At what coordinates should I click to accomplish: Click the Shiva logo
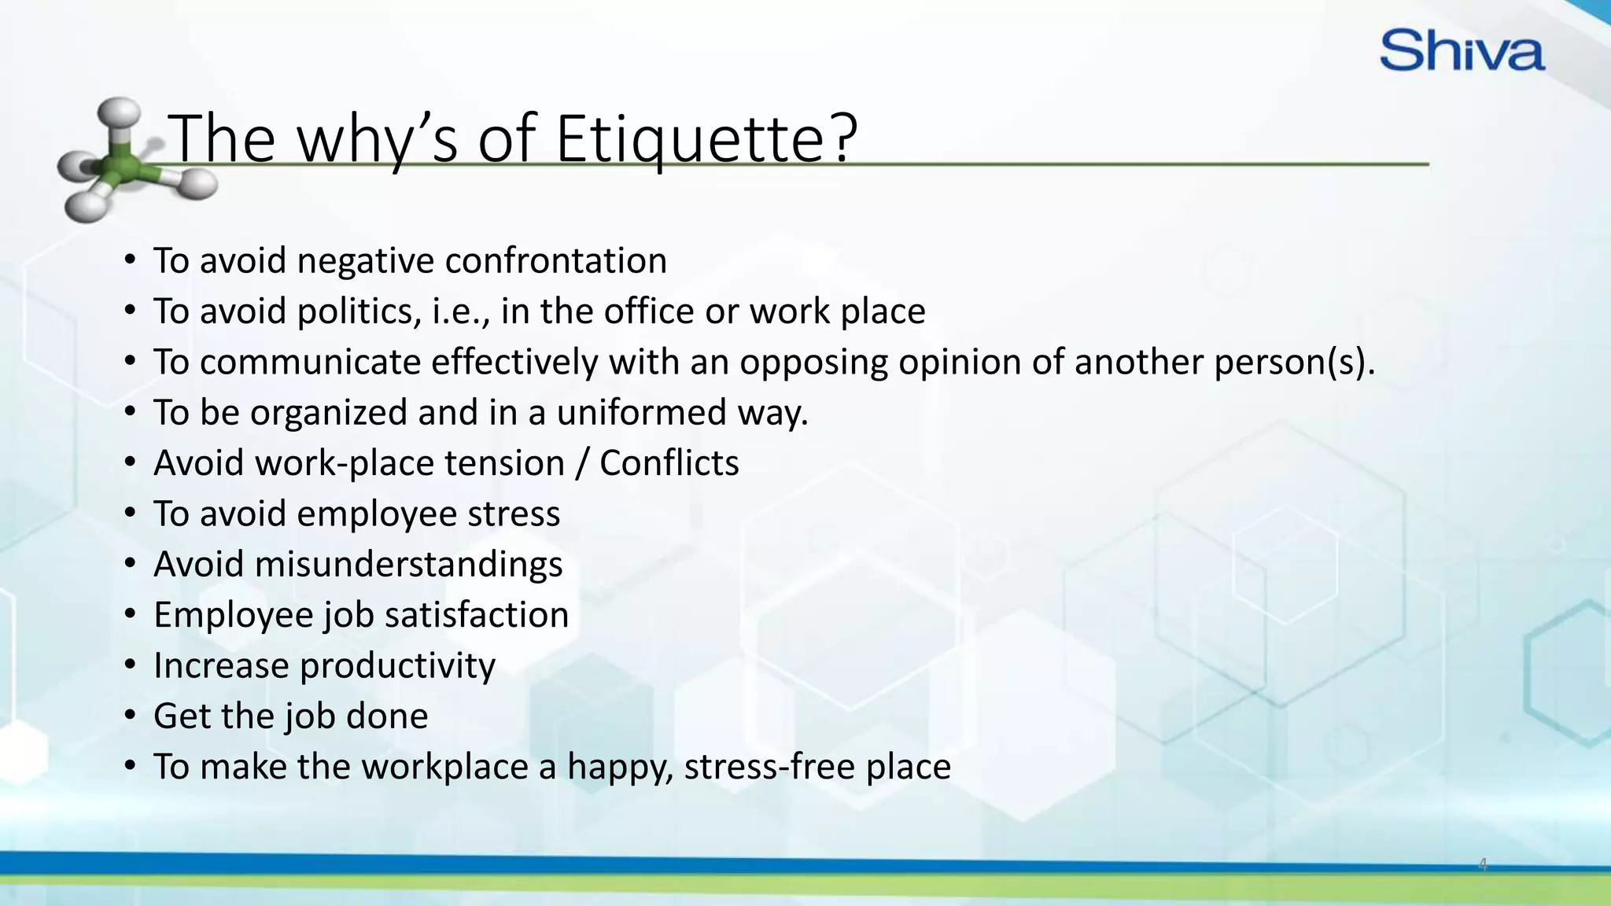pos(1462,50)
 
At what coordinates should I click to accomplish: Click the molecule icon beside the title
pos(126,160)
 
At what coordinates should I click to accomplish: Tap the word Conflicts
pos(669,463)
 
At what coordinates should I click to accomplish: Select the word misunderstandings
pos(408,565)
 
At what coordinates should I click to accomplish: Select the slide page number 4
pos(1483,864)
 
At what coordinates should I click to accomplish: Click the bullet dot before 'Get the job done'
pos(131,715)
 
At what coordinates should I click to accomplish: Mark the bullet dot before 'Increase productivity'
pos(131,665)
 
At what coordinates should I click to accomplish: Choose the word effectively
pos(514,363)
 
